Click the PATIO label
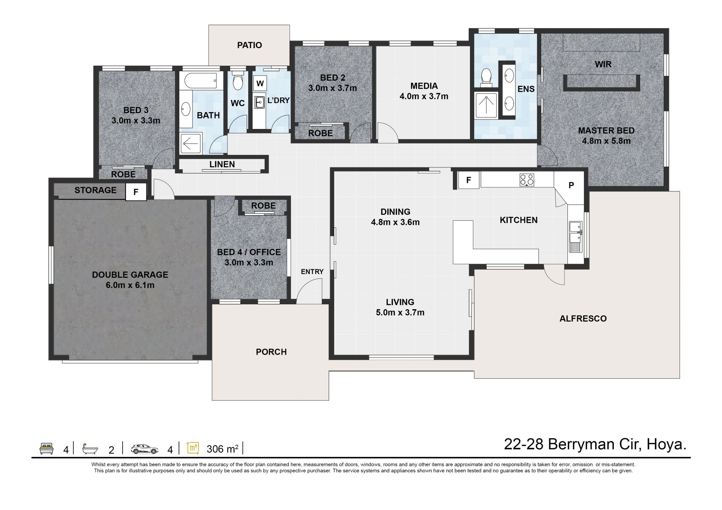click(249, 45)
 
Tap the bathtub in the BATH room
click(198, 80)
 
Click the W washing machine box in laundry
click(260, 83)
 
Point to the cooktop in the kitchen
click(527, 179)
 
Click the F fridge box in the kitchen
click(469, 180)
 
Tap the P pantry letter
click(571, 185)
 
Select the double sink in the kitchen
click(576, 237)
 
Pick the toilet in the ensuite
click(486, 77)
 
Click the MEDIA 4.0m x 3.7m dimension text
click(424, 96)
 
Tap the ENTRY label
click(312, 272)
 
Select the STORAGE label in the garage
click(96, 190)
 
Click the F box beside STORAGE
click(136, 192)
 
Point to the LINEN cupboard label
click(222, 164)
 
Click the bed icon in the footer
click(47, 449)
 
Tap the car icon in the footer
click(145, 449)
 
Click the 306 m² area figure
click(223, 449)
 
